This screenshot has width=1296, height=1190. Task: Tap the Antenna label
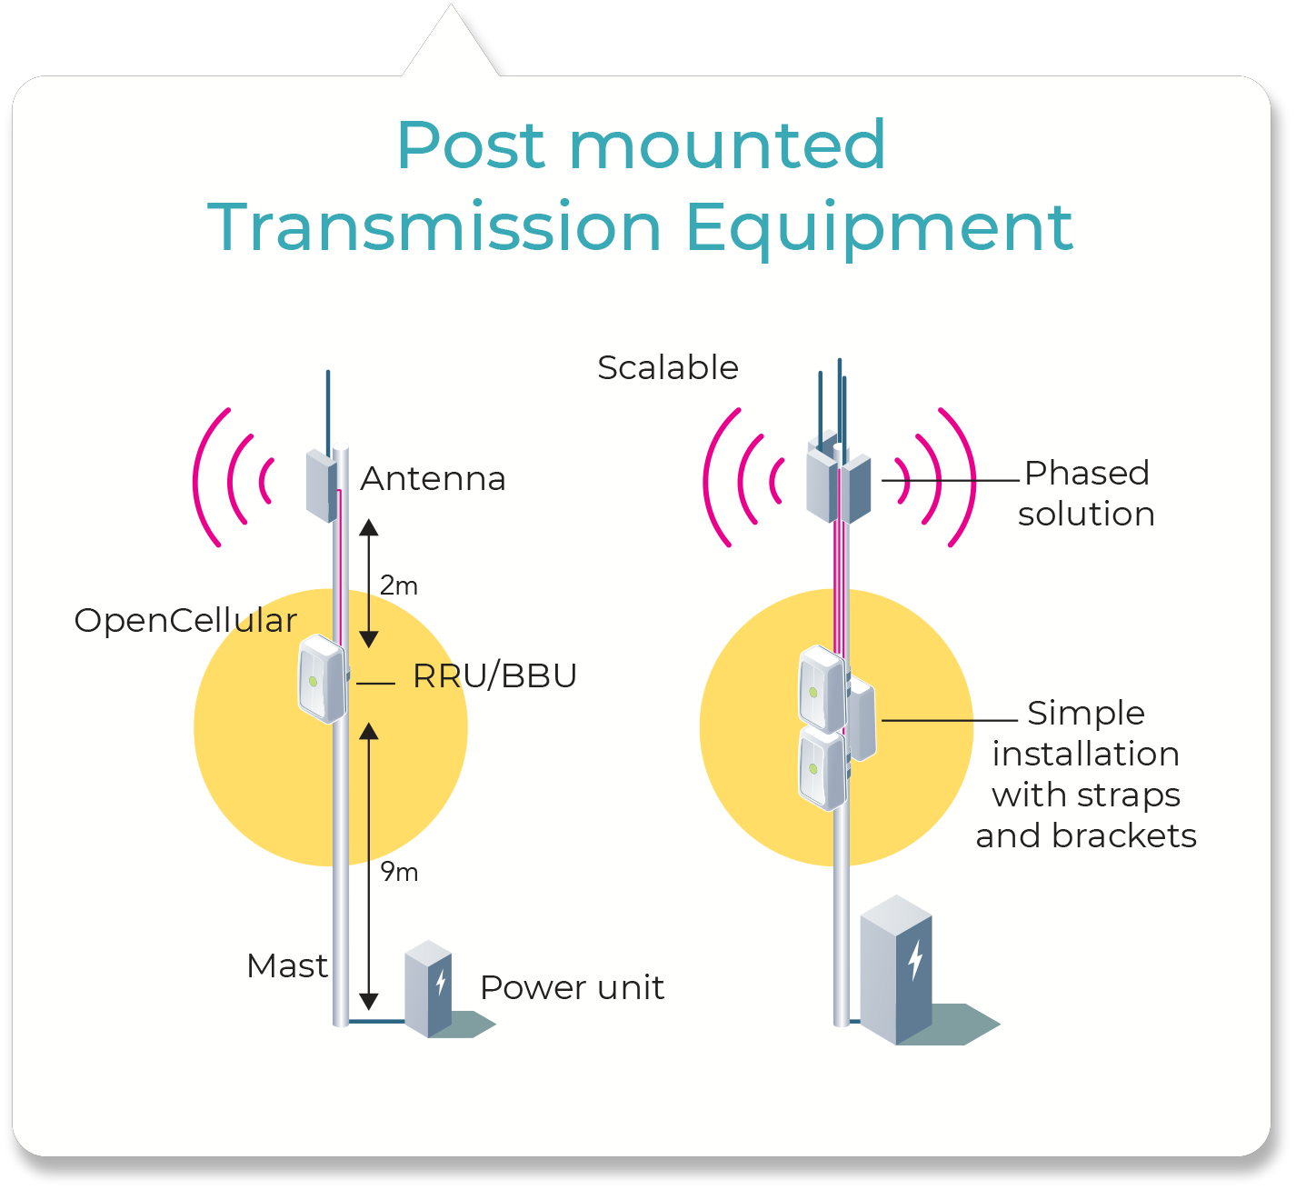click(433, 479)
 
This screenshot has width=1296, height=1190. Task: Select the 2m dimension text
click(399, 586)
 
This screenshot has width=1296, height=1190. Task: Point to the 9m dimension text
click(399, 873)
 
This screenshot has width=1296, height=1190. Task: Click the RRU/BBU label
click(494, 676)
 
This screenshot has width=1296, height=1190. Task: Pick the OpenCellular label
click(185, 621)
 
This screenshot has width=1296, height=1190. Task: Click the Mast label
click(286, 966)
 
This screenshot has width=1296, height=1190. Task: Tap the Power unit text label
click(572, 988)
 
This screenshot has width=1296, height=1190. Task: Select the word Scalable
click(668, 368)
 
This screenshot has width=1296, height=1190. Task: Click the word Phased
click(1086, 474)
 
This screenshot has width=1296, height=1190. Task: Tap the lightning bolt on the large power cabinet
click(915, 959)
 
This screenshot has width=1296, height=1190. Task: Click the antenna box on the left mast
click(321, 485)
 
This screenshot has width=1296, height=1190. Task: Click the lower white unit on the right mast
click(822, 769)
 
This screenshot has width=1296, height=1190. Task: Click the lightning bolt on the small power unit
click(441, 982)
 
